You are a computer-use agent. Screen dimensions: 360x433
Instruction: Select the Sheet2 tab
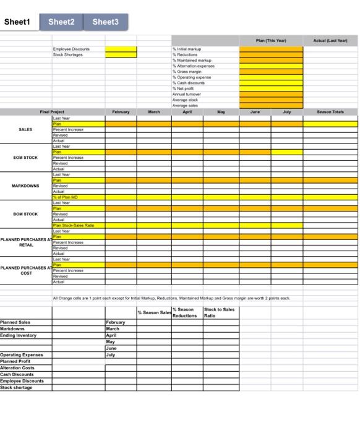click(61, 22)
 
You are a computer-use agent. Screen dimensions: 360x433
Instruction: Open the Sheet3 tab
click(105, 22)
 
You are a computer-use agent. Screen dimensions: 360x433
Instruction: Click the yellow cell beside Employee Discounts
click(121, 49)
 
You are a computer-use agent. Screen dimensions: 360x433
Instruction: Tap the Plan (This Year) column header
click(271, 41)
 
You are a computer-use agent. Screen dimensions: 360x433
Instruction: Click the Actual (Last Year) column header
click(330, 41)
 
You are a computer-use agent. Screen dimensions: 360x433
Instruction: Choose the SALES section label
click(25, 131)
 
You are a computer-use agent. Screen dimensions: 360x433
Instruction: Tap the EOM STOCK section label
click(25, 157)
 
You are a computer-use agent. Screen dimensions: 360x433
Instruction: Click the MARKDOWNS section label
click(25, 185)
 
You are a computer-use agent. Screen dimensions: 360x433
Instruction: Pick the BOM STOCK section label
click(25, 213)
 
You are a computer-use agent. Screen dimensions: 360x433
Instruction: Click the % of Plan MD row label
click(66, 197)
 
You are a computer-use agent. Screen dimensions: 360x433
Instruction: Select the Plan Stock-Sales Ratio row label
click(73, 225)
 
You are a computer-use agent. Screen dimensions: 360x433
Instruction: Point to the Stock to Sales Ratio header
click(220, 312)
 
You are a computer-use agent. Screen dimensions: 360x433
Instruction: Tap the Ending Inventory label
click(18, 335)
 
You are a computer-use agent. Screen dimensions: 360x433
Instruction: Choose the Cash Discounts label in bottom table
click(17, 374)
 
